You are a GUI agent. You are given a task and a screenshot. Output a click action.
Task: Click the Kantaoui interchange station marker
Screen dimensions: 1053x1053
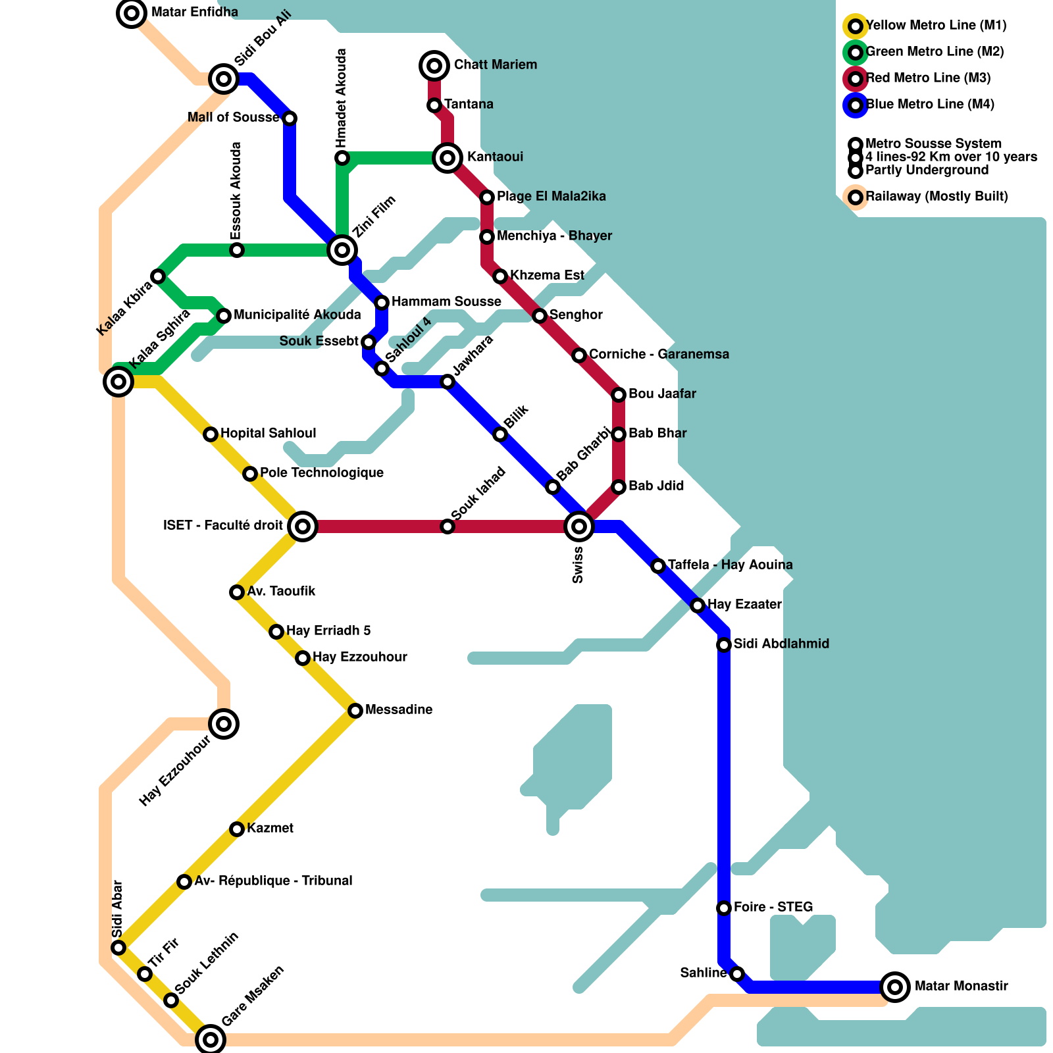[448, 158]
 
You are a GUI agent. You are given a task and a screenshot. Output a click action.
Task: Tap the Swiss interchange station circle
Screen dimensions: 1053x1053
[579, 526]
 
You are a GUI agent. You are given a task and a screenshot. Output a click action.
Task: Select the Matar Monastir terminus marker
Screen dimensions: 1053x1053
[895, 987]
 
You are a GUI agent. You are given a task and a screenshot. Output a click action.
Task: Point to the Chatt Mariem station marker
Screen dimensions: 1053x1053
[434, 65]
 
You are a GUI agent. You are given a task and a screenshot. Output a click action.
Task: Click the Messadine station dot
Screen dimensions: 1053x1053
[355, 711]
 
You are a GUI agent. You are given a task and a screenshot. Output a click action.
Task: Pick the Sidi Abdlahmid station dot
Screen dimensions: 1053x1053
[724, 645]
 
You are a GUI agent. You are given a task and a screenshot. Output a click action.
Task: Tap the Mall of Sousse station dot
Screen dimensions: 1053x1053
[290, 118]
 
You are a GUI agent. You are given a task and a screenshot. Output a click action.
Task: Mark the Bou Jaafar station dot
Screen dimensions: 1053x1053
[619, 395]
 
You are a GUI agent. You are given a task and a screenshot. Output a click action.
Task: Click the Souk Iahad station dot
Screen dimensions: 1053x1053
[448, 526]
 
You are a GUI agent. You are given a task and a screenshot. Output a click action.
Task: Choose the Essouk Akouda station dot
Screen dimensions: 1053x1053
[237, 250]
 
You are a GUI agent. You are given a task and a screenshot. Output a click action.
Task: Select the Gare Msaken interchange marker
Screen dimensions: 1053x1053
[211, 1040]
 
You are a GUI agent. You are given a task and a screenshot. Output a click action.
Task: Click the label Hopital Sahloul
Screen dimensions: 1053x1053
[268, 433]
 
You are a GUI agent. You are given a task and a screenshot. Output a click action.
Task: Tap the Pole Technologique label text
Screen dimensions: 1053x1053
[321, 473]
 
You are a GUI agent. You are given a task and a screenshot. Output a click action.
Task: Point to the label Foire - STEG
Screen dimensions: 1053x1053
[773, 907]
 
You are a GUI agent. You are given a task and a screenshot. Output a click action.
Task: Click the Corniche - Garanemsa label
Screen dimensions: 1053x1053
[658, 354]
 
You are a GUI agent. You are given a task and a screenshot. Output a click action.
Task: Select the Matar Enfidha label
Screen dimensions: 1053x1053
[194, 12]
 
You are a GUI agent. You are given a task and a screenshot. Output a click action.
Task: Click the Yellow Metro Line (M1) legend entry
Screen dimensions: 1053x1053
[935, 26]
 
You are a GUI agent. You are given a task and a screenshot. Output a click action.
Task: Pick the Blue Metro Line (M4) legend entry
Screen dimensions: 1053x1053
[929, 105]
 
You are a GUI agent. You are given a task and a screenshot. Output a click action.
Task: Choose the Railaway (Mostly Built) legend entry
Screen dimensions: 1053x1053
[936, 197]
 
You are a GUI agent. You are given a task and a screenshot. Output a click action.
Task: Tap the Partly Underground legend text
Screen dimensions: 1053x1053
[926, 170]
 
